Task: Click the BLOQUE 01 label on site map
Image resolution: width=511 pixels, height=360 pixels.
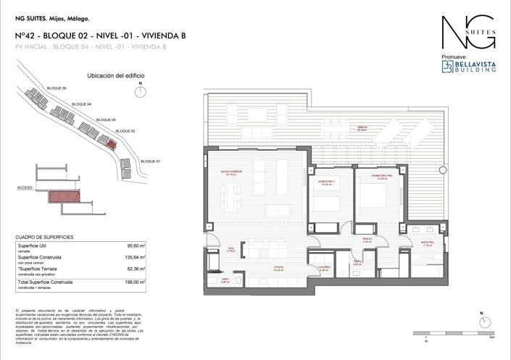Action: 149,161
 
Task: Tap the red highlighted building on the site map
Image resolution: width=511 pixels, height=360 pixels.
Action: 111,143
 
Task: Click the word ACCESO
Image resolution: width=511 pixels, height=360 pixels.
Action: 25,187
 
